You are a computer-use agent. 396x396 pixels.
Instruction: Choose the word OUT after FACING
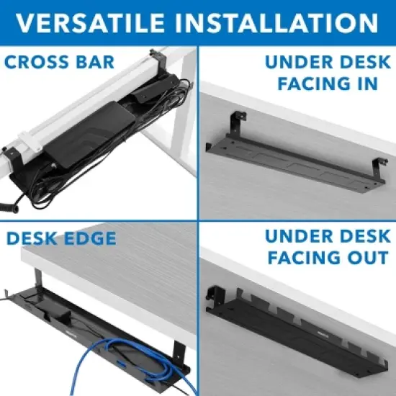[x=364, y=258]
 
